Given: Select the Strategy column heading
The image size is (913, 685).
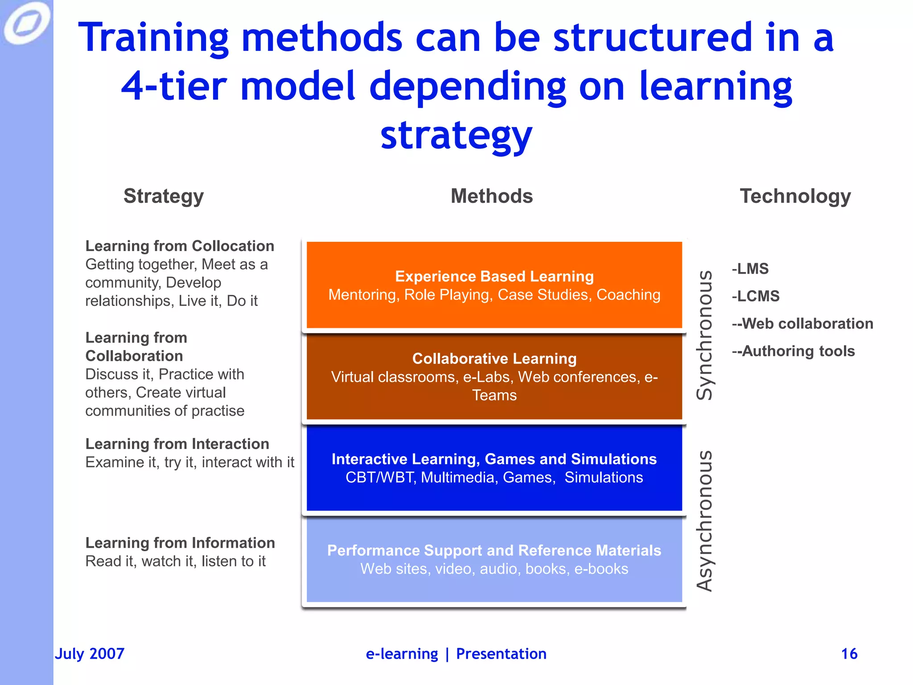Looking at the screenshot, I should tap(164, 196).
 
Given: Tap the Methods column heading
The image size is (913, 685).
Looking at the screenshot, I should tap(492, 196).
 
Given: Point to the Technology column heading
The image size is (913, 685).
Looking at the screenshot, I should tap(795, 196).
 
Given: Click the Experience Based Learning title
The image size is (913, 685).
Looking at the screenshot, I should tap(494, 276).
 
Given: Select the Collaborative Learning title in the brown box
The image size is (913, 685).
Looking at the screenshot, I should tap(494, 359).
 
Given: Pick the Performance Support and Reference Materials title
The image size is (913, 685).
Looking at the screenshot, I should tap(494, 550).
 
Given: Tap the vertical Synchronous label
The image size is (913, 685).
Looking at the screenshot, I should tap(705, 335).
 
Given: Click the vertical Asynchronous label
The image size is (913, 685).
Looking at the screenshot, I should tap(705, 521).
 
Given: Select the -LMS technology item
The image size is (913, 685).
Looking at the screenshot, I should tap(750, 269).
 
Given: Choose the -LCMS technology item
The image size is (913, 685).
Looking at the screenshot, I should tap(756, 296).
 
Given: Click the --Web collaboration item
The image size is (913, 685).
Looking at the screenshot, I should tap(802, 324).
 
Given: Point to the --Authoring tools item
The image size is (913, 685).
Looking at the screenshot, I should tap(794, 351).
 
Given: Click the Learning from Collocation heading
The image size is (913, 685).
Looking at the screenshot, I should tap(180, 246).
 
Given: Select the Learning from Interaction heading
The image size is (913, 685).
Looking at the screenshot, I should tap(177, 444).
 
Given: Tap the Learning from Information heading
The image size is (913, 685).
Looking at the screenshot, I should tap(180, 543).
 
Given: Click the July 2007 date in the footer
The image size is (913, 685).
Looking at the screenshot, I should tap(90, 654).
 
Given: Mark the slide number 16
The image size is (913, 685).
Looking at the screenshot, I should tap(849, 654).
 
